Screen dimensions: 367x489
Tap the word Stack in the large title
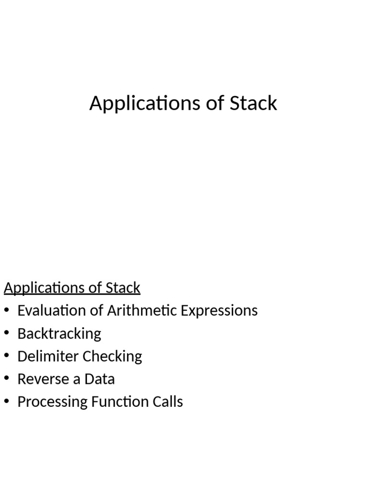tap(253, 103)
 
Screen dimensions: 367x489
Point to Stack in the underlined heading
tap(123, 288)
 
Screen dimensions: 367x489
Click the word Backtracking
tap(59, 333)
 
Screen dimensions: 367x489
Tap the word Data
tap(100, 379)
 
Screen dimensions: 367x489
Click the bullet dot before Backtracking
tap(7, 333)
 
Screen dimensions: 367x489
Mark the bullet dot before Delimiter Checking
tap(7, 356)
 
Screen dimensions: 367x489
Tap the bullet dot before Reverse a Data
tap(7, 379)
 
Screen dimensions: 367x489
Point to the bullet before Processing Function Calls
tap(7, 402)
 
